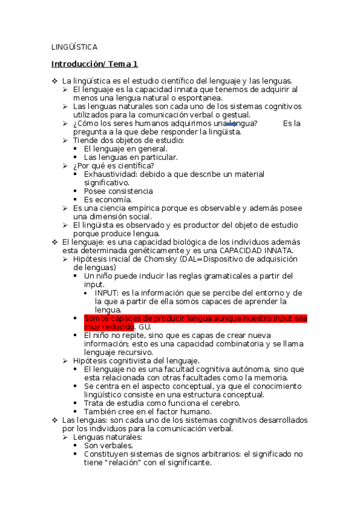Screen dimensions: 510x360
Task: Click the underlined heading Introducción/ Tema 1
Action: point(94,63)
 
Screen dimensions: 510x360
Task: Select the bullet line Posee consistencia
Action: point(118,191)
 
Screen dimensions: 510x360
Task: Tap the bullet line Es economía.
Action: point(108,199)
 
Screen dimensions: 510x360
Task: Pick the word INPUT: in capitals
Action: point(107,292)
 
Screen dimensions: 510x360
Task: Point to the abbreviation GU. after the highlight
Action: point(145,326)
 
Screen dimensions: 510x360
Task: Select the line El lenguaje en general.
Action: point(126,149)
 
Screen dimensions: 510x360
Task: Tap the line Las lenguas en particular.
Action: point(130,157)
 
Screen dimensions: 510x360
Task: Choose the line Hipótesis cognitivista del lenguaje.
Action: point(136,360)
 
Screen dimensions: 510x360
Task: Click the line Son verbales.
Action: point(108,446)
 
